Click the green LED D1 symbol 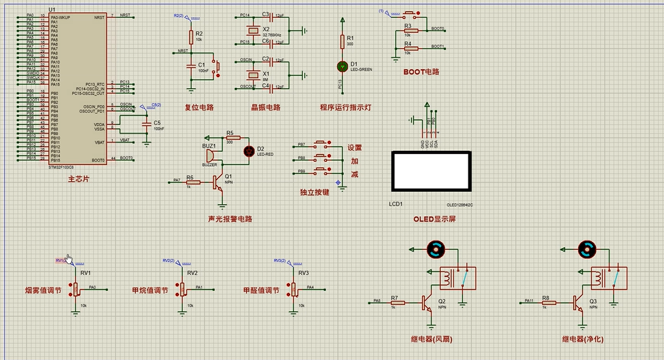coord(342,66)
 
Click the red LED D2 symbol coord(250,151)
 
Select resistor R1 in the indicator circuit coord(342,42)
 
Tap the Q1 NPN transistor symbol coord(219,182)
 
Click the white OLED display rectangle coord(431,171)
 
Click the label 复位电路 coord(199,108)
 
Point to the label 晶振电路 coord(266,108)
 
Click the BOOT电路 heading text coord(421,72)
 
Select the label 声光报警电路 coord(230,219)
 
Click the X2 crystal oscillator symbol coord(251,30)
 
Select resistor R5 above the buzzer coord(232,137)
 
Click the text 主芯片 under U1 coord(78,179)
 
